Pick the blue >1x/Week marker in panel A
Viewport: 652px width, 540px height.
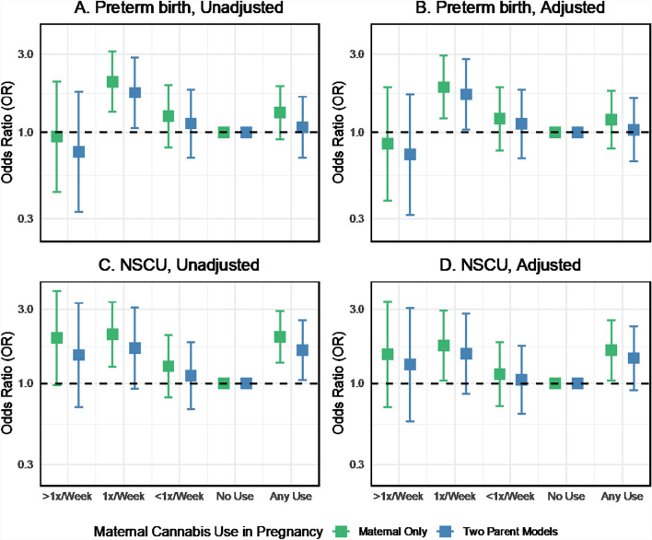tap(79, 152)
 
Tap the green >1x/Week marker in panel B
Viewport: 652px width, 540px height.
tap(389, 144)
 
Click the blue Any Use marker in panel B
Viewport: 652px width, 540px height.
tap(633, 130)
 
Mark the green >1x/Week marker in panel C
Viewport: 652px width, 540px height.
tap(57, 338)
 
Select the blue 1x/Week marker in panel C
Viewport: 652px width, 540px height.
tap(134, 348)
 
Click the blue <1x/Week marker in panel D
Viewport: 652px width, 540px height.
tap(521, 380)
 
